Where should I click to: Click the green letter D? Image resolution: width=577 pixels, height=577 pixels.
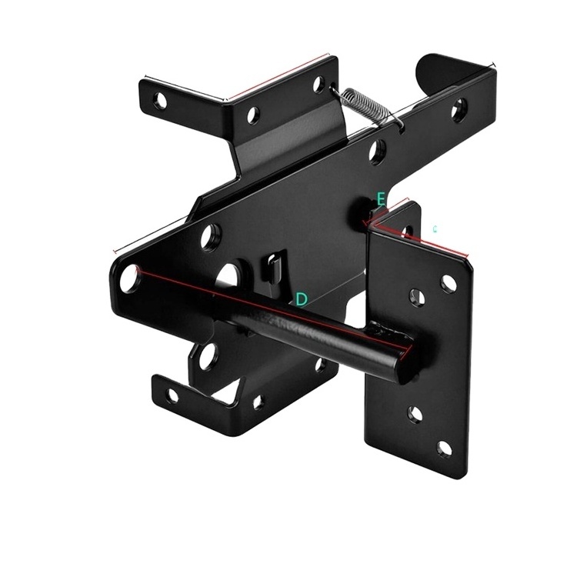coord(302,299)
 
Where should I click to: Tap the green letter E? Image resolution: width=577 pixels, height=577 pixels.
coord(381,199)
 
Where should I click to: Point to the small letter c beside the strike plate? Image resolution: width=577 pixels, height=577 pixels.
coord(436,228)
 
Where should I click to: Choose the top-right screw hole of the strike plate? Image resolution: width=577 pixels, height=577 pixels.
coord(449,283)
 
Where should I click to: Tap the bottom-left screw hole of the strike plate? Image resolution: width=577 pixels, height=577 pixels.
coord(415,415)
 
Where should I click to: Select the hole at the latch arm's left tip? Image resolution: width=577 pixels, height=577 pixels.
coord(129,277)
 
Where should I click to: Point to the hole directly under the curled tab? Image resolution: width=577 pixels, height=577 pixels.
coord(459,111)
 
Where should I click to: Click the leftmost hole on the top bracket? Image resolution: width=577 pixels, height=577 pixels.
coord(160,99)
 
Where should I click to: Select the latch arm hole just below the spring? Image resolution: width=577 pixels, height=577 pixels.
coord(376,151)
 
